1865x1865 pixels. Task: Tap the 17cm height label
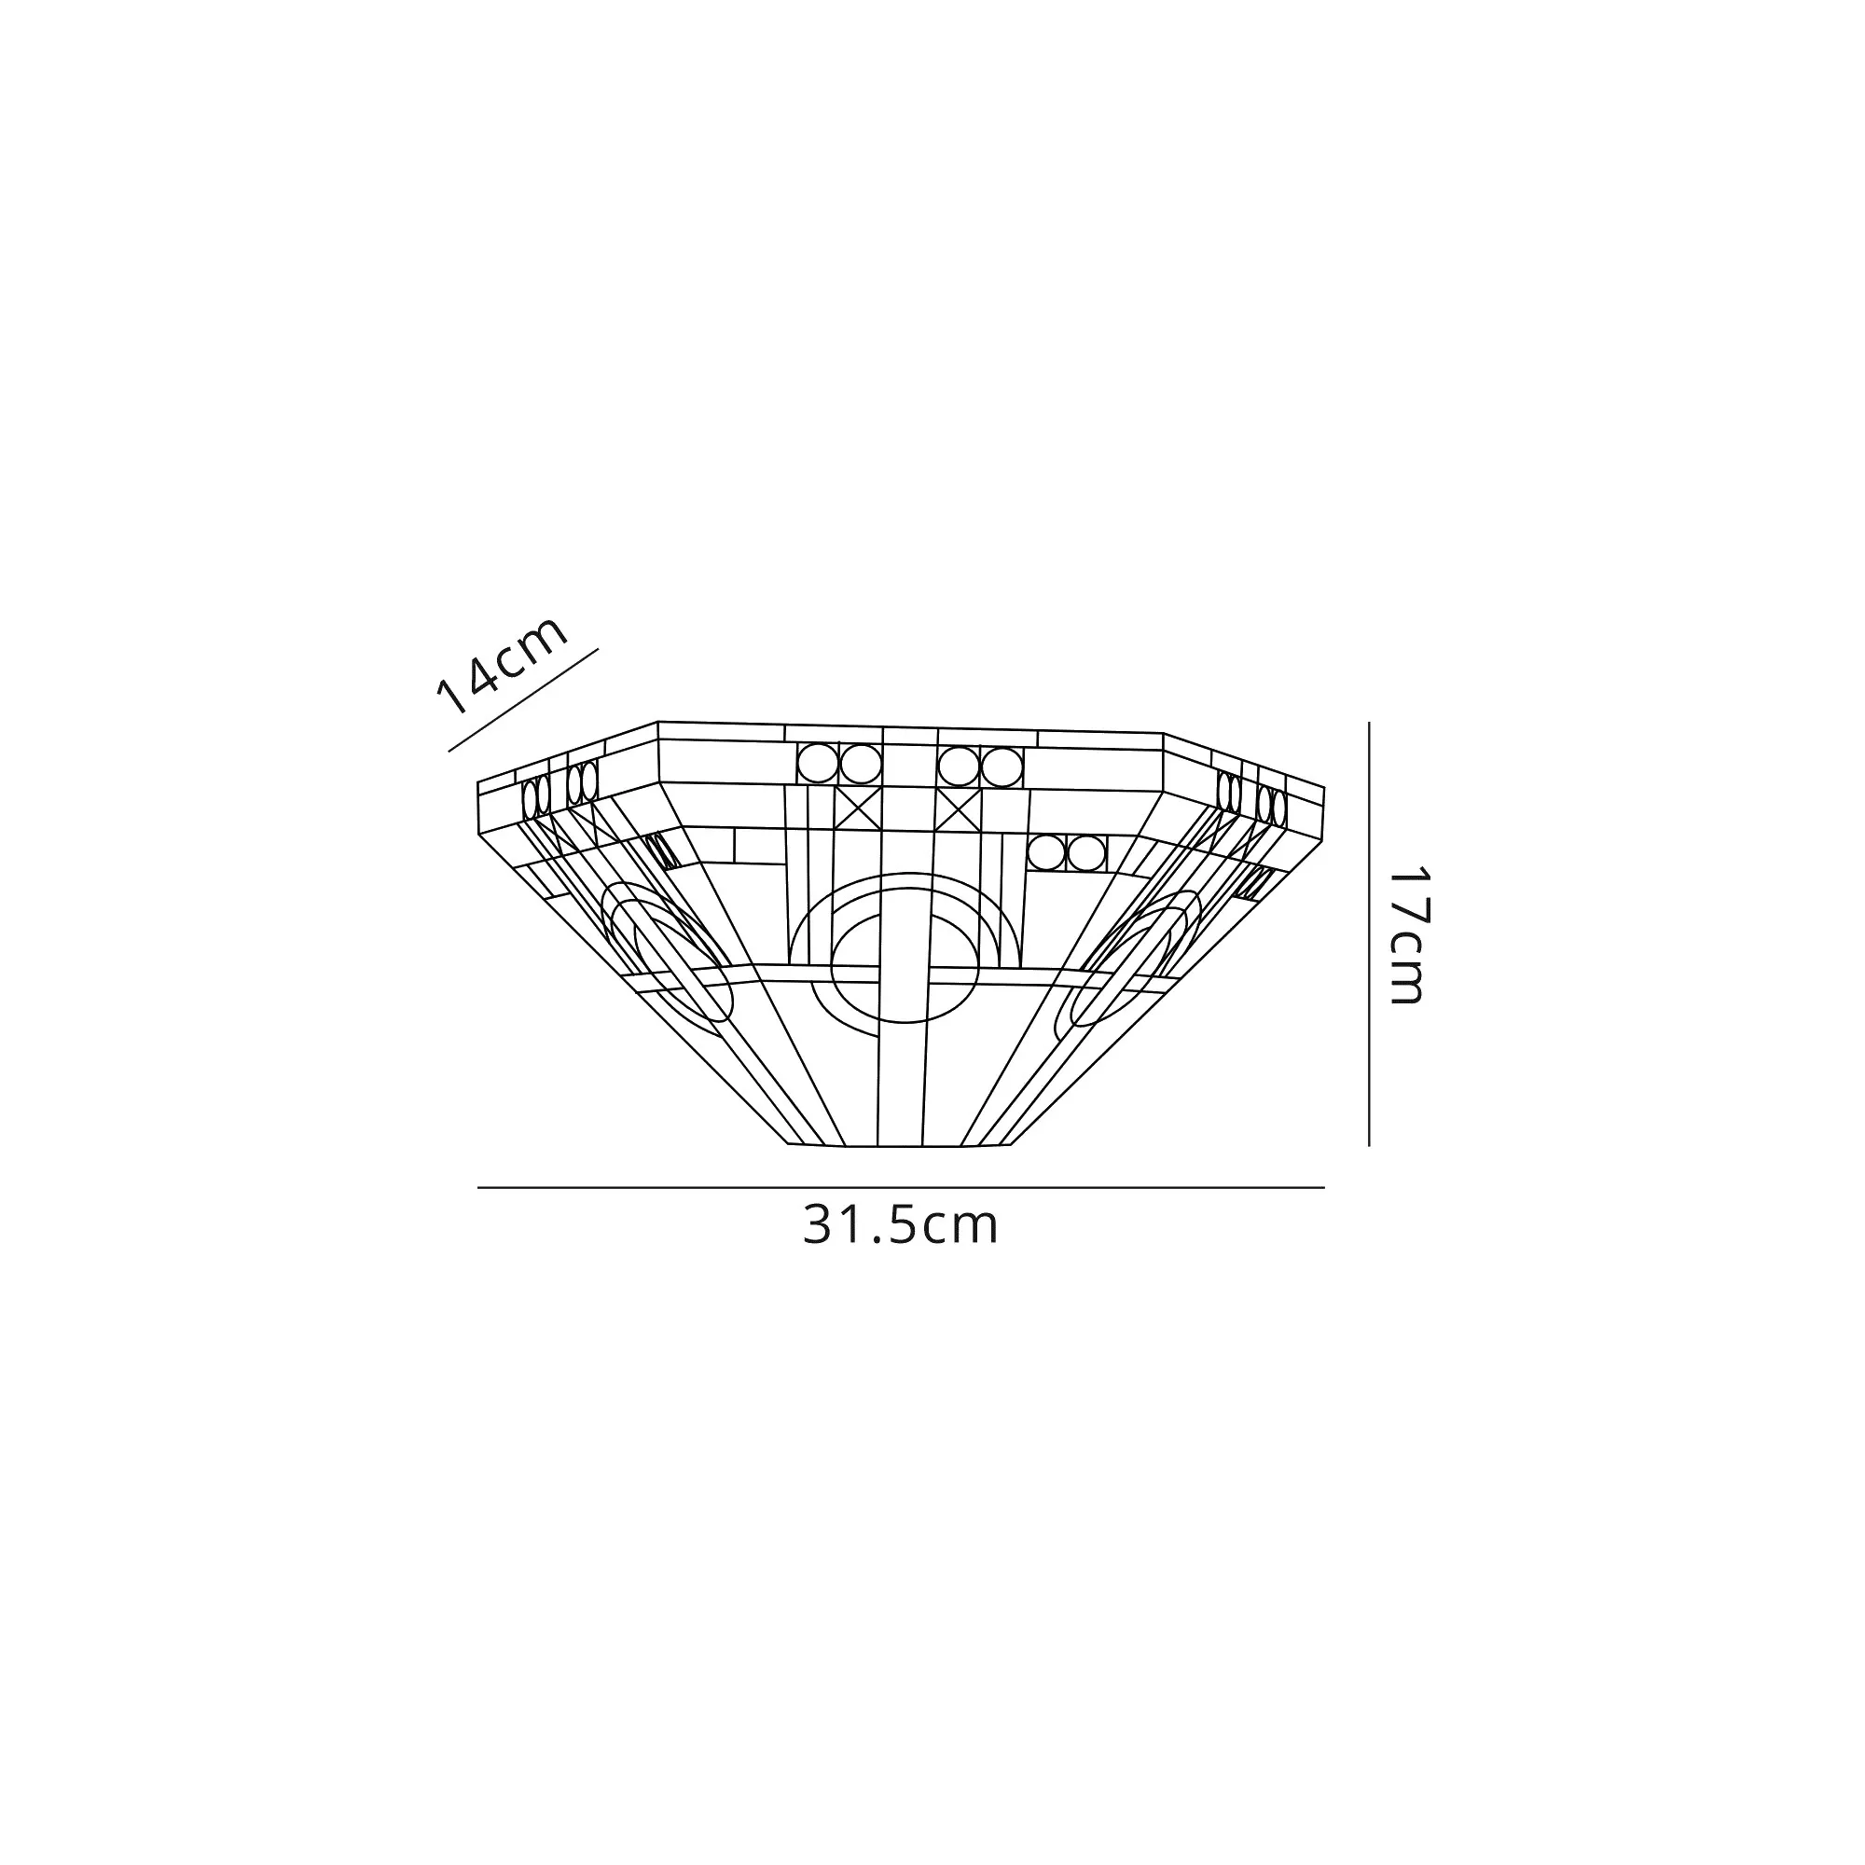[x=1406, y=935]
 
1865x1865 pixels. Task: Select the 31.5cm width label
[x=901, y=1226]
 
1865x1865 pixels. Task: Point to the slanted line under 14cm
[x=524, y=700]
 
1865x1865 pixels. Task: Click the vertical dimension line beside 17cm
[x=1369, y=933]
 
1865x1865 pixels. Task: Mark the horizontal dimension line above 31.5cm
[x=901, y=1188]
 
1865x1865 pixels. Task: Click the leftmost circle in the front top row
[x=817, y=764]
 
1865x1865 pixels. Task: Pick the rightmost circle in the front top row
[x=1002, y=767]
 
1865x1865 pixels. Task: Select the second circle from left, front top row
[x=859, y=765]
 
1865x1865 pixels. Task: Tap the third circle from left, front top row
[x=959, y=767]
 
